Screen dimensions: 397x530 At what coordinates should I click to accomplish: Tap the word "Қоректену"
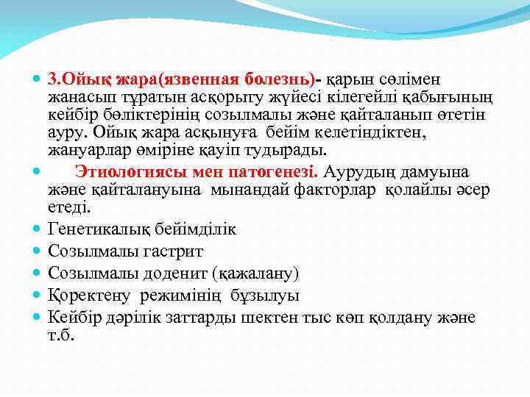(90, 296)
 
